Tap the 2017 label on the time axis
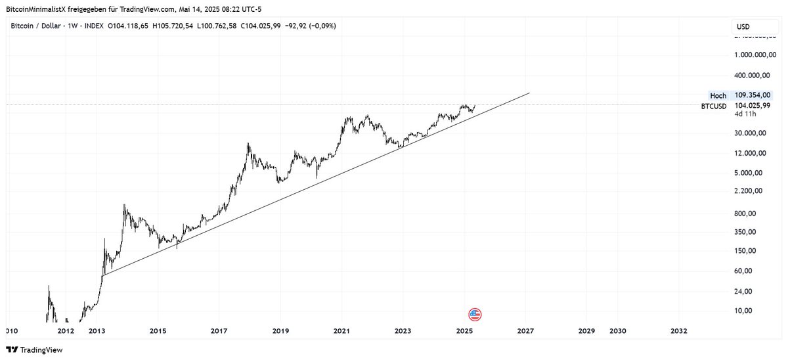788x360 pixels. [x=219, y=330]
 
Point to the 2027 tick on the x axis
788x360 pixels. [x=525, y=330]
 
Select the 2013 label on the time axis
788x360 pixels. [x=97, y=330]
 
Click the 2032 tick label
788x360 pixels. [x=679, y=330]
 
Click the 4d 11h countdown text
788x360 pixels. [x=745, y=114]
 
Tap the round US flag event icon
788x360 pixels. [x=475, y=314]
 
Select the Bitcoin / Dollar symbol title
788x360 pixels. [x=36, y=26]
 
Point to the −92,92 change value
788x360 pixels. [x=286, y=26]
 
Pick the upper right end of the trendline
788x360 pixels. [x=529, y=93]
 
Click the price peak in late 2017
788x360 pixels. [x=248, y=143]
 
